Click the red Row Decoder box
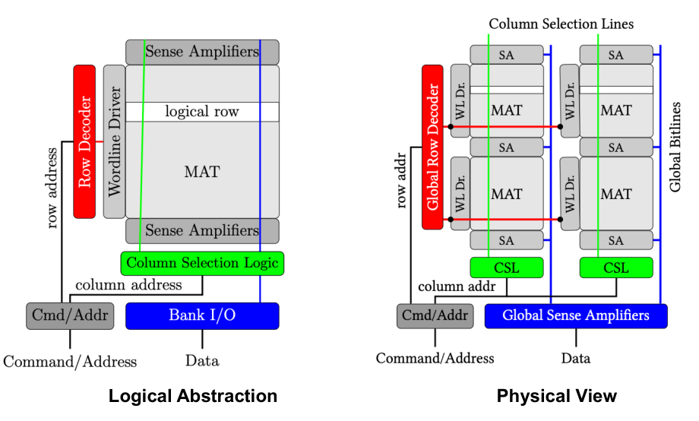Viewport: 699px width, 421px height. point(84,141)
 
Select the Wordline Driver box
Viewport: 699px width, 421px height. point(114,141)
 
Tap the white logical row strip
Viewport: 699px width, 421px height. point(202,112)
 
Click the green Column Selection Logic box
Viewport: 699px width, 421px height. point(202,263)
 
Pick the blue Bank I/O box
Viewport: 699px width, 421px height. point(202,315)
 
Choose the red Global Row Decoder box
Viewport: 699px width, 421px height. point(432,147)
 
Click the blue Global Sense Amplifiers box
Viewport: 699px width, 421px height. point(575,315)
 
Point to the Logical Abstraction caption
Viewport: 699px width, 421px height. point(192,396)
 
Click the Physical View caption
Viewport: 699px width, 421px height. point(557,396)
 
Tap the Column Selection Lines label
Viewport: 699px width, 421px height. point(561,24)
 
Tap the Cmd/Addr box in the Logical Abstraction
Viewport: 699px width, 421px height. point(69,315)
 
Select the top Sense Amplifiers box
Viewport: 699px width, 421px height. point(202,52)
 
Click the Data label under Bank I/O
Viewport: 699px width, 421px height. point(202,360)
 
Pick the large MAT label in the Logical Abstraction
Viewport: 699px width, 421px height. point(202,172)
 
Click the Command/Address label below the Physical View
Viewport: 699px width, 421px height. point(435,358)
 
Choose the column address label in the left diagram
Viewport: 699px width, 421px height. point(128,285)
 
